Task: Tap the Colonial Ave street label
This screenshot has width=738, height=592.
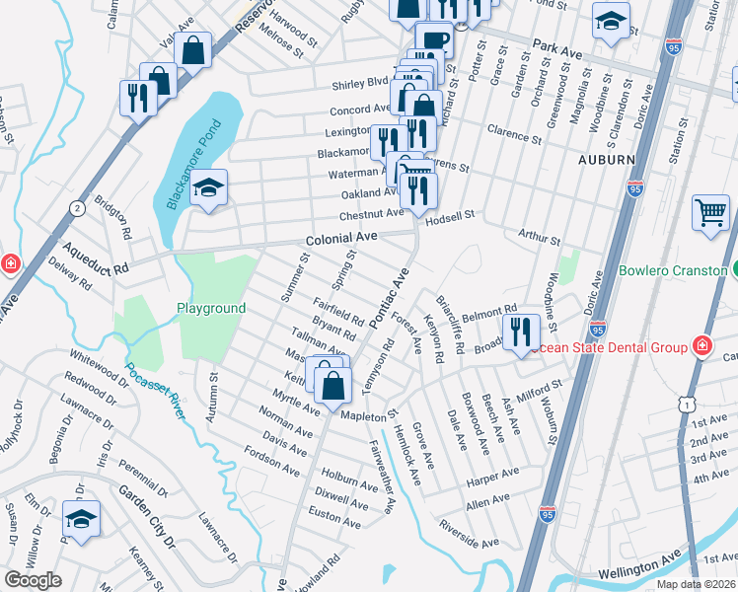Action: [x=341, y=239]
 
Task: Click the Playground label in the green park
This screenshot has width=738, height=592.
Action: [x=211, y=309]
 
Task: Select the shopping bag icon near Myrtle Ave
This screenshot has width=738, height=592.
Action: [x=333, y=385]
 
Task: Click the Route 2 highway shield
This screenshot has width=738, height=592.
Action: [x=77, y=207]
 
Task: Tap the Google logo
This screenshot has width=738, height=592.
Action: [x=33, y=579]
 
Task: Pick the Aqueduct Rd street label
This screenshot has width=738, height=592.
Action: [x=95, y=259]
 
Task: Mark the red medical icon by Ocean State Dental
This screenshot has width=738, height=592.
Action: [x=701, y=345]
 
